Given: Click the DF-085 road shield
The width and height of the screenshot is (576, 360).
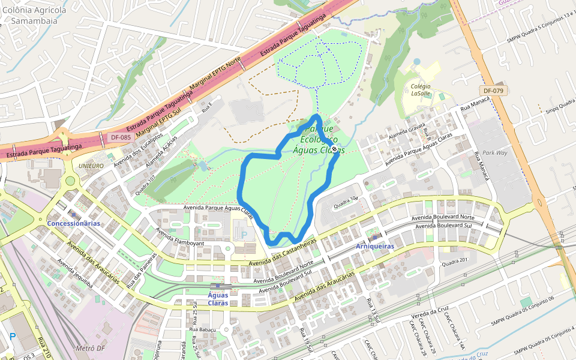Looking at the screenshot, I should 120,137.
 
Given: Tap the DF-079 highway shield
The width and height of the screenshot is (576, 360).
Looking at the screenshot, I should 493,91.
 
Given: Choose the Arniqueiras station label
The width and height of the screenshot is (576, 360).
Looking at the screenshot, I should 374,247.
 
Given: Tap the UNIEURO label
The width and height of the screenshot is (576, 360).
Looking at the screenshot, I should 92,166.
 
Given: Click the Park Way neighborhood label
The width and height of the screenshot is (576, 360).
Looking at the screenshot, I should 495,153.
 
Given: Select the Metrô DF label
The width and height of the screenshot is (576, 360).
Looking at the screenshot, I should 91,348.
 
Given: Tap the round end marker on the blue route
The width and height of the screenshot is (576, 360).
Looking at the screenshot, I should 334,149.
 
